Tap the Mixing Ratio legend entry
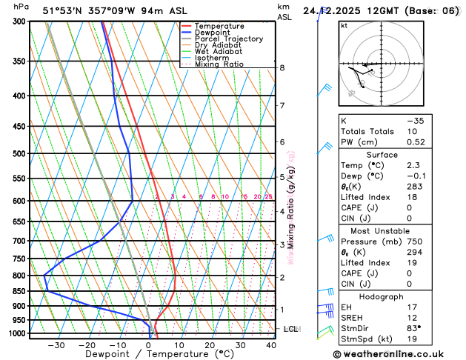[222, 64]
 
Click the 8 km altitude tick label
[282, 68]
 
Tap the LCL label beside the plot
[290, 329]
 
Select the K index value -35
[416, 120]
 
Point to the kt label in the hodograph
[344, 25]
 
